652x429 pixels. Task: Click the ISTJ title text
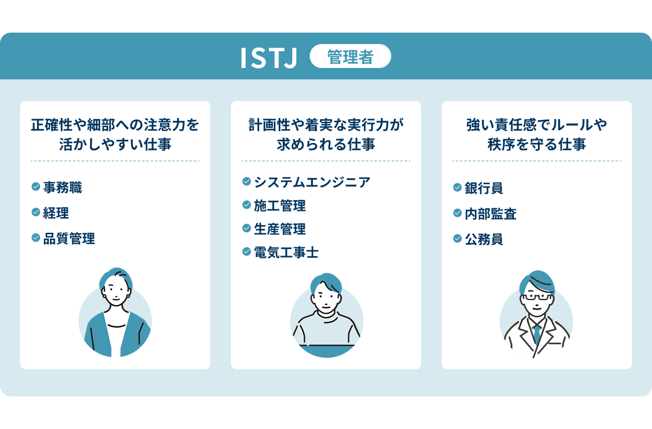pyautogui.click(x=269, y=58)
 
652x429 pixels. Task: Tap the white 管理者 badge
pyautogui.click(x=350, y=57)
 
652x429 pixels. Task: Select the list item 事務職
pyautogui.click(x=62, y=188)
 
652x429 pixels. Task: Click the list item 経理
pyautogui.click(x=56, y=213)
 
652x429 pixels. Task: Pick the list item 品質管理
pyautogui.click(x=69, y=238)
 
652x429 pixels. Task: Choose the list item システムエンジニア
pyautogui.click(x=312, y=182)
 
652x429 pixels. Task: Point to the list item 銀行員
pyautogui.click(x=484, y=188)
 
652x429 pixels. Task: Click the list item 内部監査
pyautogui.click(x=490, y=214)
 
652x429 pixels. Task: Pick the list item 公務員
pyautogui.click(x=484, y=239)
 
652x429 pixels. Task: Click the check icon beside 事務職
pyautogui.click(x=36, y=187)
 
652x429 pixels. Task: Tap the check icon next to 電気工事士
pyautogui.click(x=246, y=252)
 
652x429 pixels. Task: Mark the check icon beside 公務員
pyautogui.click(x=457, y=239)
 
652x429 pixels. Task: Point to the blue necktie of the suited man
pyautogui.click(x=536, y=332)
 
